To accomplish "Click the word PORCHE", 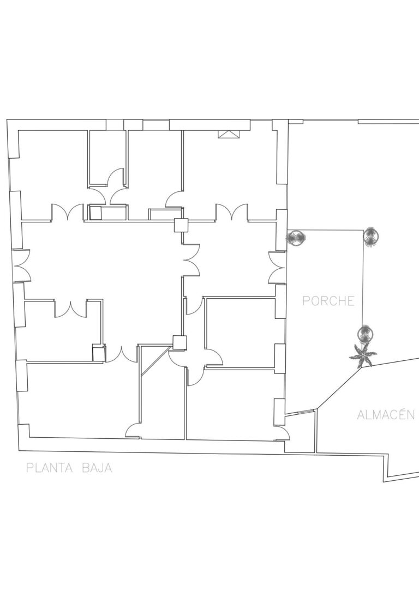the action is click(x=328, y=301).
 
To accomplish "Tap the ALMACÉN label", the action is click(x=386, y=414).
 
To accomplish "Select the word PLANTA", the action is click(x=49, y=468).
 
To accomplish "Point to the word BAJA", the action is click(x=97, y=468).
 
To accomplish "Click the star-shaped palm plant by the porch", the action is click(x=363, y=355).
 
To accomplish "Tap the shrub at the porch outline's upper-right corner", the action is click(x=371, y=237).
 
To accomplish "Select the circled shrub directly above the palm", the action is click(x=365, y=334).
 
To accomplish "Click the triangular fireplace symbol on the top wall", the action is click(x=229, y=135).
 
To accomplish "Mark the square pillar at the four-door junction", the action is click(x=179, y=342).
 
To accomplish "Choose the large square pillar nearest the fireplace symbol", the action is click(x=181, y=225).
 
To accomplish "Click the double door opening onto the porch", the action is click(x=277, y=268).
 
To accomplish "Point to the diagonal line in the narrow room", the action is click(x=155, y=360).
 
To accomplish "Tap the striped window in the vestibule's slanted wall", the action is click(x=306, y=412).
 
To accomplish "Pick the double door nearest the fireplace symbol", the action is click(x=232, y=212).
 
